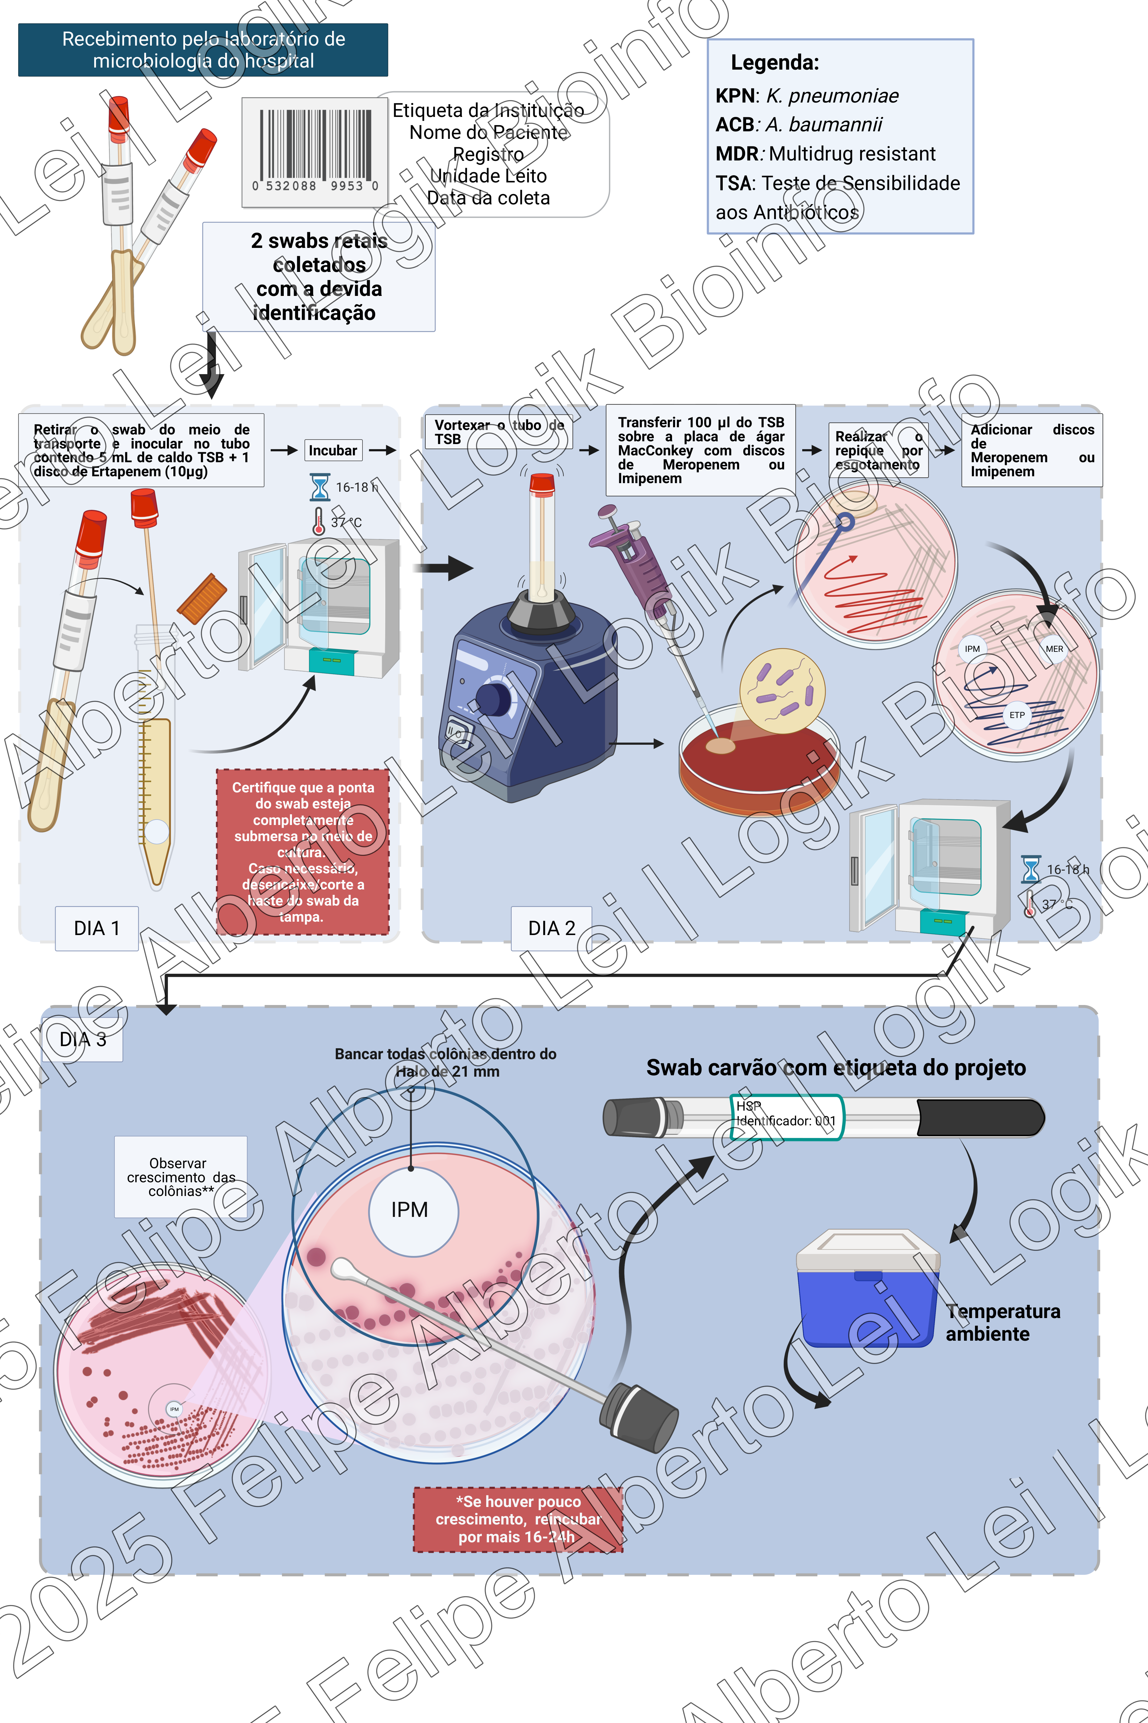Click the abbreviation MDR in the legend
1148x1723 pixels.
pyautogui.click(x=736, y=154)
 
